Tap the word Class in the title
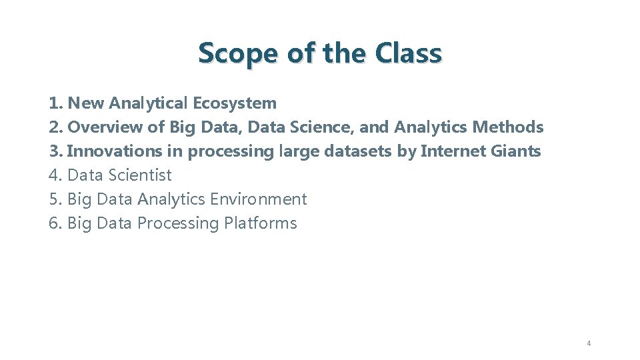pos(408,53)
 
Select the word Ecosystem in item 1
pos(234,103)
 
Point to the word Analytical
pos(149,103)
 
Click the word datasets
pos(359,151)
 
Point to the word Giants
pos(516,151)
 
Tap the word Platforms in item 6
pos(261,223)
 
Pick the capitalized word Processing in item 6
pos(178,223)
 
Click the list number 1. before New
pos(55,103)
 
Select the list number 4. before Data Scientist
pos(55,175)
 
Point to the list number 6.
pos(55,223)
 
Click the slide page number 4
pos(589,343)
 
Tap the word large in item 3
pos(299,152)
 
